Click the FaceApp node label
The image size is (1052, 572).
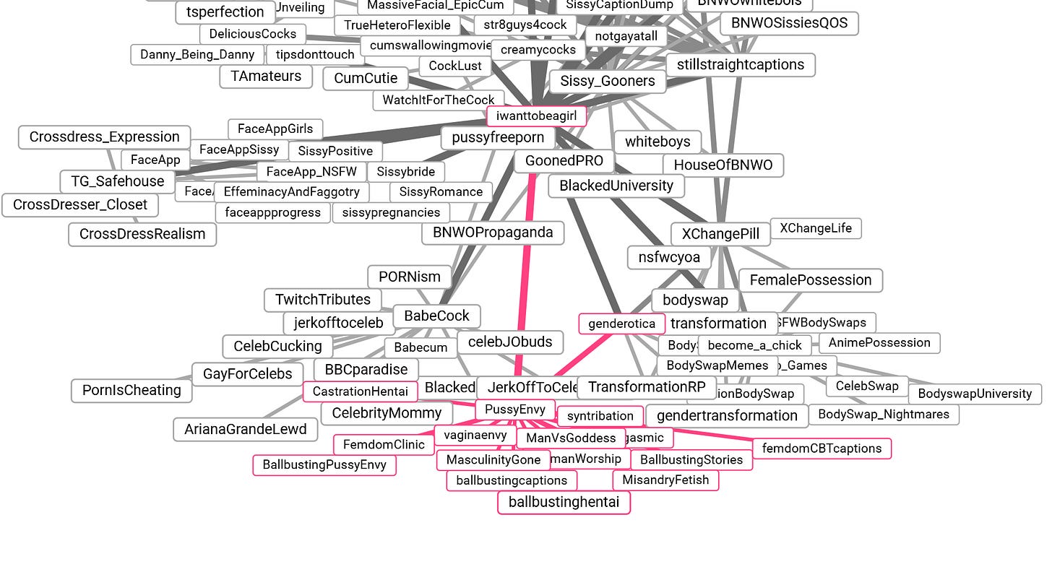pos(155,160)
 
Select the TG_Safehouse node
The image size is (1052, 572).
pos(117,181)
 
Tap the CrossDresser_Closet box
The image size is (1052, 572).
pos(79,205)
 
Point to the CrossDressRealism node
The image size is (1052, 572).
pos(142,234)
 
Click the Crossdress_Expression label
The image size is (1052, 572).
pos(104,137)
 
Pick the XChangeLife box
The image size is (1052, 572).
pos(815,228)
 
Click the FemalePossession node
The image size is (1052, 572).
pos(810,280)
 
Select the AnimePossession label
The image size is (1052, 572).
pos(879,343)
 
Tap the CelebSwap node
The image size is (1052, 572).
pos(866,386)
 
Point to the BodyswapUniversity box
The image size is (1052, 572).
pos(974,394)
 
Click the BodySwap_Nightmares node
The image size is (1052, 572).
pos(883,415)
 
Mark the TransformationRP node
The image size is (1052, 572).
pos(646,387)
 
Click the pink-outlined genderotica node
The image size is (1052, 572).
pos(621,324)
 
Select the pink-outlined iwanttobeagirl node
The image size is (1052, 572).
pos(535,116)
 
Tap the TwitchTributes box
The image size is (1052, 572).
pos(322,300)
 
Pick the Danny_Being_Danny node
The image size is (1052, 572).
pos(197,55)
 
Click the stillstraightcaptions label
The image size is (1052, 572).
pos(740,65)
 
